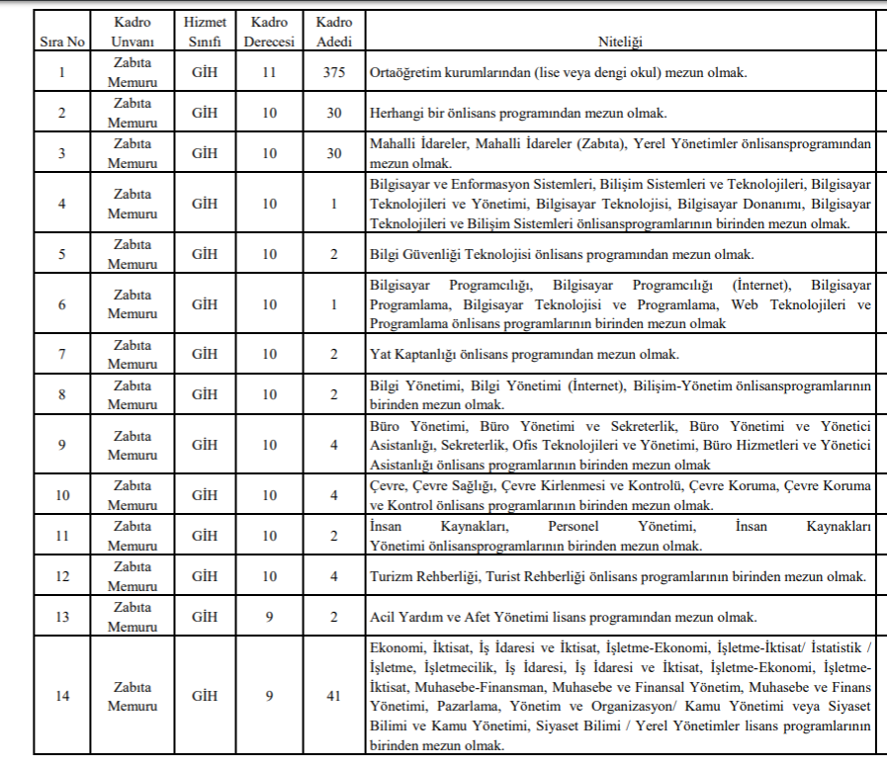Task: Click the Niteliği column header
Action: (620, 43)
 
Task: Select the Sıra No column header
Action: (61, 43)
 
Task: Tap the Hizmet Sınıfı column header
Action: (204, 33)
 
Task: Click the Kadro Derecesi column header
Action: (269, 33)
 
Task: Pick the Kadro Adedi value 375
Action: (334, 72)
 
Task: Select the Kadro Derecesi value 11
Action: (269, 72)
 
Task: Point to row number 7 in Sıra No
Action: (61, 353)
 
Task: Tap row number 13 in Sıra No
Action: (61, 616)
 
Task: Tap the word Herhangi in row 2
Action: (395, 113)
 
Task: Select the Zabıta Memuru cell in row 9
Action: (133, 445)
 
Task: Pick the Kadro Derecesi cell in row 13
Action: (269, 616)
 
